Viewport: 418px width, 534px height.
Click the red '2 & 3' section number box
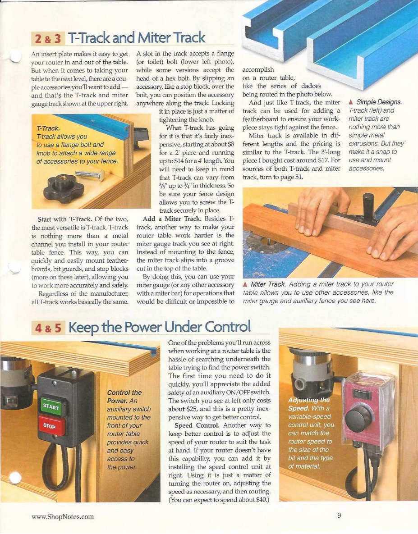click(48, 39)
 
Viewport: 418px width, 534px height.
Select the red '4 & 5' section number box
click(48, 328)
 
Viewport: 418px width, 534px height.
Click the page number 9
click(339, 516)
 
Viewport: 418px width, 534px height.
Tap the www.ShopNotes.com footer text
click(63, 517)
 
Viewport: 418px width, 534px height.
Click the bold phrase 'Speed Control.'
click(198, 425)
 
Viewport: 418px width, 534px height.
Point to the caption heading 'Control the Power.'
click(124, 396)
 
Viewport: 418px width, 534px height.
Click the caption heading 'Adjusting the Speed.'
click(309, 404)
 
